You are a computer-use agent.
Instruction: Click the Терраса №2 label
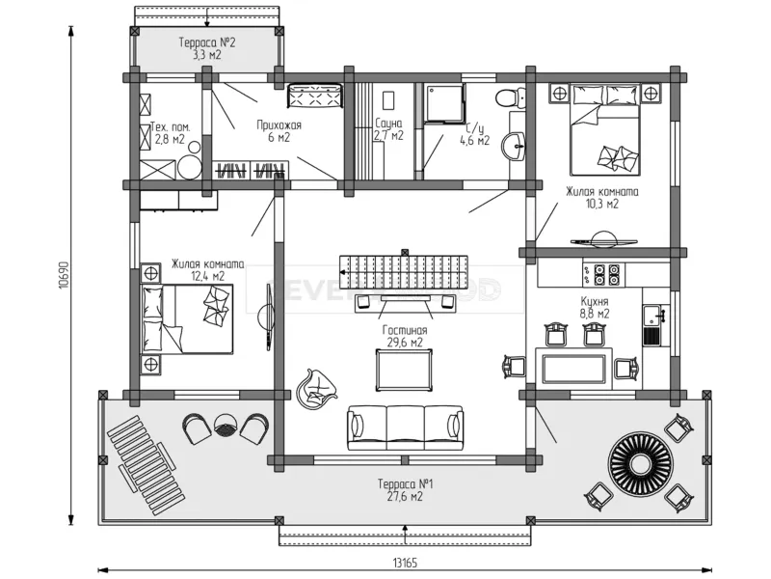(x=207, y=43)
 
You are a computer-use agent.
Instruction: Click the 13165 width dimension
(x=405, y=563)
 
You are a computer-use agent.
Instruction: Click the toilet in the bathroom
(x=508, y=97)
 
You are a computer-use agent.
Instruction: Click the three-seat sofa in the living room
(x=405, y=426)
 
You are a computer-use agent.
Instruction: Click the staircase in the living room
(x=403, y=266)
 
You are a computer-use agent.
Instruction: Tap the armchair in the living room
(x=319, y=388)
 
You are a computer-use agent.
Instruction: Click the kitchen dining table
(x=574, y=369)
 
